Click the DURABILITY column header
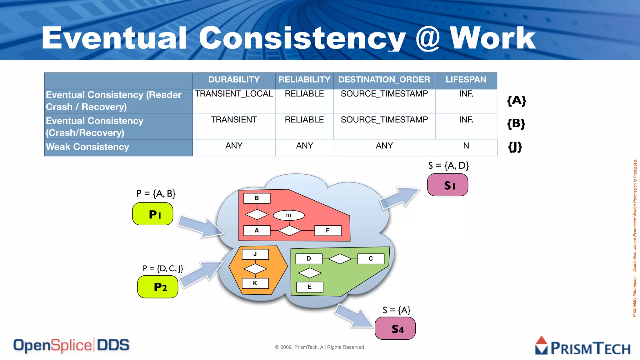(x=234, y=80)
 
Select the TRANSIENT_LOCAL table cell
(x=234, y=94)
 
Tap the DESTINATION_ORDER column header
(x=384, y=80)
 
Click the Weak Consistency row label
(x=87, y=147)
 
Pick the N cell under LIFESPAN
(x=466, y=146)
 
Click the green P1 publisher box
(x=153, y=214)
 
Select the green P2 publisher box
(x=158, y=287)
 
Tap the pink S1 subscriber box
(x=447, y=185)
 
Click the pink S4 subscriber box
(x=395, y=328)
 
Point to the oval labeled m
(x=288, y=215)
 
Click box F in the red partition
(x=328, y=231)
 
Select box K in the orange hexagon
(x=255, y=283)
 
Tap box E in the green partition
(x=309, y=287)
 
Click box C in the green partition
(x=371, y=259)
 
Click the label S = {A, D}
(x=448, y=166)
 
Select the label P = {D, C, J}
(x=163, y=268)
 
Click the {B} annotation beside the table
(x=516, y=124)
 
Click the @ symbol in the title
(x=428, y=38)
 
